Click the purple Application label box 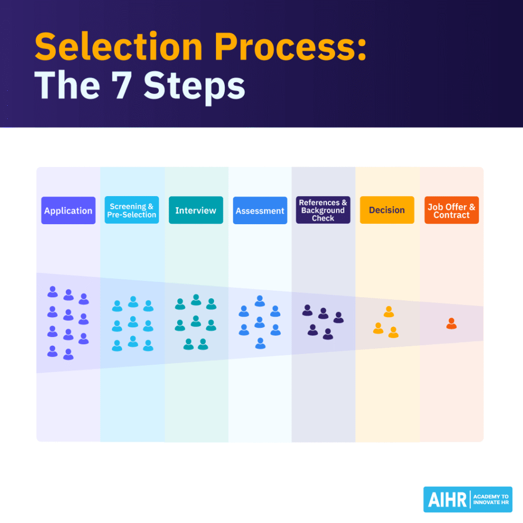[68, 210]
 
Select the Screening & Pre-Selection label [132, 210]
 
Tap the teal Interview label [196, 210]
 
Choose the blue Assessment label [259, 210]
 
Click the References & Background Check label [323, 210]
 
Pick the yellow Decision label [387, 210]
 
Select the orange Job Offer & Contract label [451, 210]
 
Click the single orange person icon [451, 324]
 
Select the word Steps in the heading [194, 85]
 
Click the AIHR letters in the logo [445, 500]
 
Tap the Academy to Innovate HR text [491, 500]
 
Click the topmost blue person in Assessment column [259, 301]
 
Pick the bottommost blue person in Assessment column [260, 343]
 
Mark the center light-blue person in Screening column [133, 322]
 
